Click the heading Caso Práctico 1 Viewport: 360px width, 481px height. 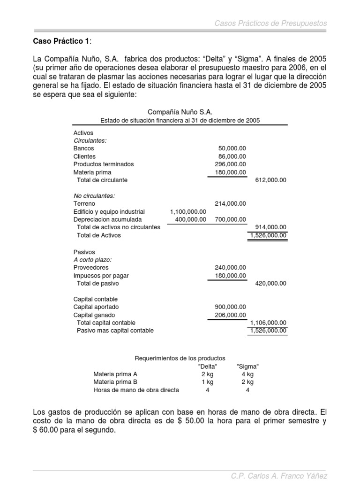click(x=60, y=41)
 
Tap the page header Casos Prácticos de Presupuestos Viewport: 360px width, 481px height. click(x=270, y=23)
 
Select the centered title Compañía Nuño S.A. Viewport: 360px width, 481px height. click(x=180, y=112)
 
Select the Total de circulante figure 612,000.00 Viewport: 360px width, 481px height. click(x=270, y=180)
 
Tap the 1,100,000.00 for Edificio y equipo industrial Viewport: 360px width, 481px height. click(x=188, y=212)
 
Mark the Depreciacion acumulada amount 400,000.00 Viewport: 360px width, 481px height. click(x=190, y=219)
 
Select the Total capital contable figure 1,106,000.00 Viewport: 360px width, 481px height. click(x=269, y=323)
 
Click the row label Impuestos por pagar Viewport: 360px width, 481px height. click(x=101, y=276)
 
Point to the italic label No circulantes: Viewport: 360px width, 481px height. click(x=94, y=196)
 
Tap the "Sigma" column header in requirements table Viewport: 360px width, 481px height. click(x=248, y=366)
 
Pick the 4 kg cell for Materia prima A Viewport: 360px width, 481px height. click(x=247, y=374)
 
